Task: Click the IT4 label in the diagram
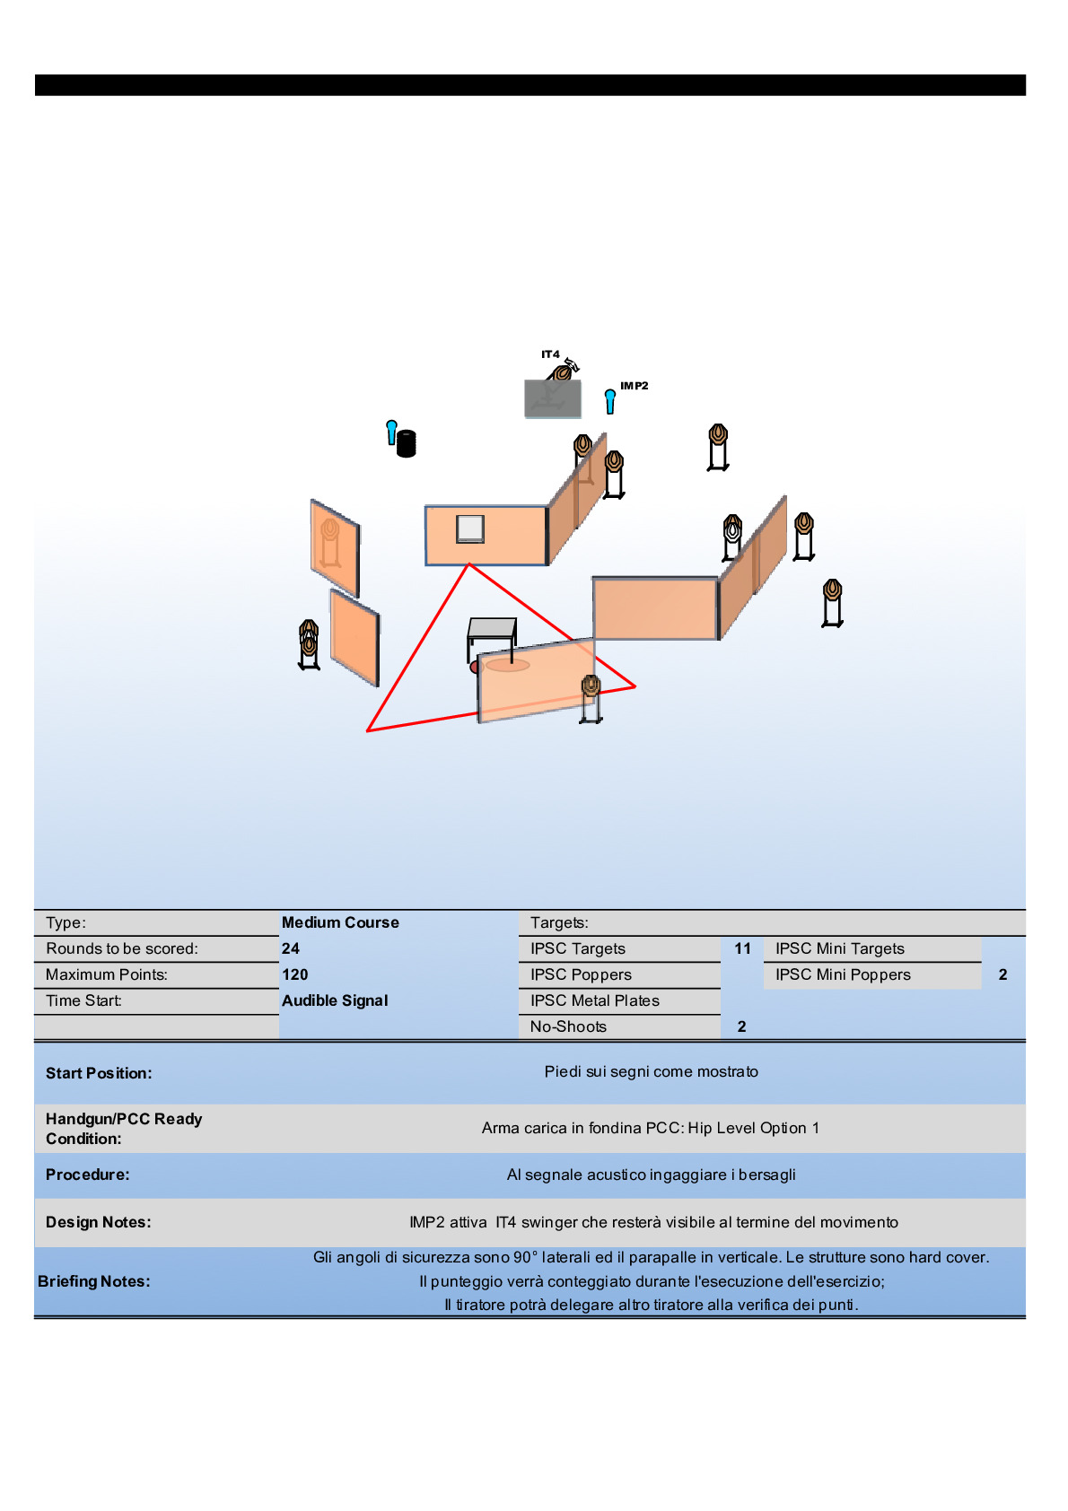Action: pos(550,354)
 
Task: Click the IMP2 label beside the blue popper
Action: pos(634,386)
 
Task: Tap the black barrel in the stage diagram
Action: pos(407,443)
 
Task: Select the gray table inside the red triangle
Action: pos(492,628)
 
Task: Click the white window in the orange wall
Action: pos(470,528)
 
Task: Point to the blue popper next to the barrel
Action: pos(391,432)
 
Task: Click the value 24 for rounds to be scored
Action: pos(291,948)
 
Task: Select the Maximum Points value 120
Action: pos(294,974)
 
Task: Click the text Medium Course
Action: pos(340,922)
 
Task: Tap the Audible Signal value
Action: pos(335,1000)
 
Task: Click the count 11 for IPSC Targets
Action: pos(742,948)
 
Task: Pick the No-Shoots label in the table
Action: pos(568,1026)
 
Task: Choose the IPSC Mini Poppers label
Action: pos(843,974)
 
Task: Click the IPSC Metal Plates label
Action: pos(594,1000)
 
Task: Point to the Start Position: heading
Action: pos(99,1073)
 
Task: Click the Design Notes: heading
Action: pos(99,1222)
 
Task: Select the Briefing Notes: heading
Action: pos(94,1281)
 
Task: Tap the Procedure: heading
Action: pos(88,1175)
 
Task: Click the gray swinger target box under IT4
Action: pos(553,398)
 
